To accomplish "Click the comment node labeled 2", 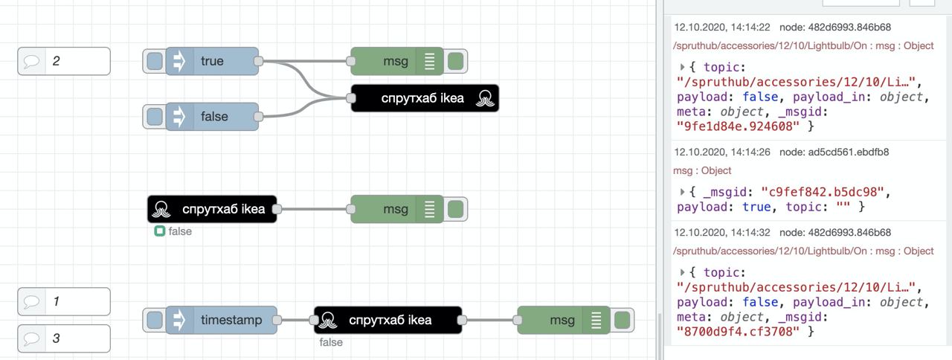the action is tap(64, 61).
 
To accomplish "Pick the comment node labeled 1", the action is tap(64, 301).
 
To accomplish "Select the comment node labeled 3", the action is tap(64, 338).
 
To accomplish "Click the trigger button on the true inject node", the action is tap(154, 61).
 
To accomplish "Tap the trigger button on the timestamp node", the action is tap(154, 320).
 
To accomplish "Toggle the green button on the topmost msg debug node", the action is tap(456, 61).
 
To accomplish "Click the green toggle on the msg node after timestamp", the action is tap(623, 320).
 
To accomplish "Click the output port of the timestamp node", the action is tap(277, 320).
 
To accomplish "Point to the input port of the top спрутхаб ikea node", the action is tap(350, 98).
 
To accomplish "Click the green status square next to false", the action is tap(159, 231).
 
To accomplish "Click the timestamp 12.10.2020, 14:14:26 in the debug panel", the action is tap(722, 152).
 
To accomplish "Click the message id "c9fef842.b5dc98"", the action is tap(823, 192).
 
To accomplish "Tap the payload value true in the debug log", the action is tap(756, 207).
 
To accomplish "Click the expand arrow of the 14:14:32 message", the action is tap(682, 272).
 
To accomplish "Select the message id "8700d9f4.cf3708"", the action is tap(738, 332).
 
